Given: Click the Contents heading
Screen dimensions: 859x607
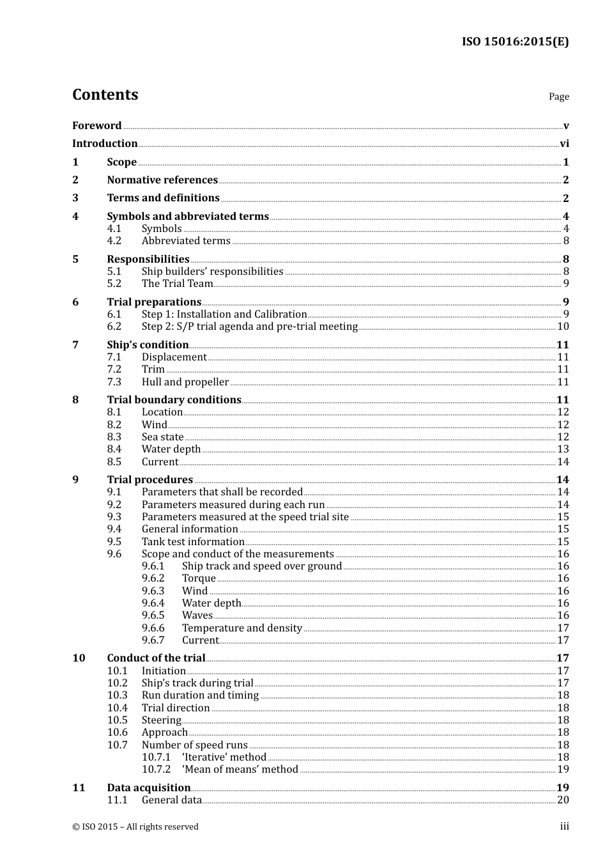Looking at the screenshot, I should point(105,95).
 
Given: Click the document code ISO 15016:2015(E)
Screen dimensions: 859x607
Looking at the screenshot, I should point(515,42).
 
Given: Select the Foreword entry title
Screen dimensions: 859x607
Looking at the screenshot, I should point(96,125).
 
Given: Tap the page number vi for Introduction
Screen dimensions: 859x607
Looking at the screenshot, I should point(564,144).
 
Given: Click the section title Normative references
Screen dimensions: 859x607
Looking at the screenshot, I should point(162,180).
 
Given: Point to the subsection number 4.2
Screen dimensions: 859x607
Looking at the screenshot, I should point(114,241).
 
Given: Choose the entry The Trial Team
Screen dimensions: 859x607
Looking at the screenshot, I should point(177,284).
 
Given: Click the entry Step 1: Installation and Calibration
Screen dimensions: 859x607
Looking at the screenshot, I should point(224,314).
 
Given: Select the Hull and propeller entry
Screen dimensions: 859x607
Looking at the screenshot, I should point(185,382).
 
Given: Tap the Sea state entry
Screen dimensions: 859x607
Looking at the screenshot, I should point(162,437).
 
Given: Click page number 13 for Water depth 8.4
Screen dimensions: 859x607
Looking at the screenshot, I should point(563,449).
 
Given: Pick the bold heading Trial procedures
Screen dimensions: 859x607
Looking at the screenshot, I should point(150,479).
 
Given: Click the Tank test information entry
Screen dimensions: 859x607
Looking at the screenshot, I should point(193,541).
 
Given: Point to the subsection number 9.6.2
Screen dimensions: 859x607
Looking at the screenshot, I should point(153,578).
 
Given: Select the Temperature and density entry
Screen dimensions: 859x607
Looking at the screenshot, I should point(242,628).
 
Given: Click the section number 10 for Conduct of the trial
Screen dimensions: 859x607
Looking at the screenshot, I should point(79,658).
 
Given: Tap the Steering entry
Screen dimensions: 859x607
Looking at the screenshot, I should point(162,720).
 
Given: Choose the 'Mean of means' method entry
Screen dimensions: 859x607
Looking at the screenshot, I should point(240,770).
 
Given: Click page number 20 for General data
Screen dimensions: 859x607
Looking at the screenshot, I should point(563,800).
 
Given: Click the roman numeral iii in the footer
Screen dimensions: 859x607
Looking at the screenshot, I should point(564,826).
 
